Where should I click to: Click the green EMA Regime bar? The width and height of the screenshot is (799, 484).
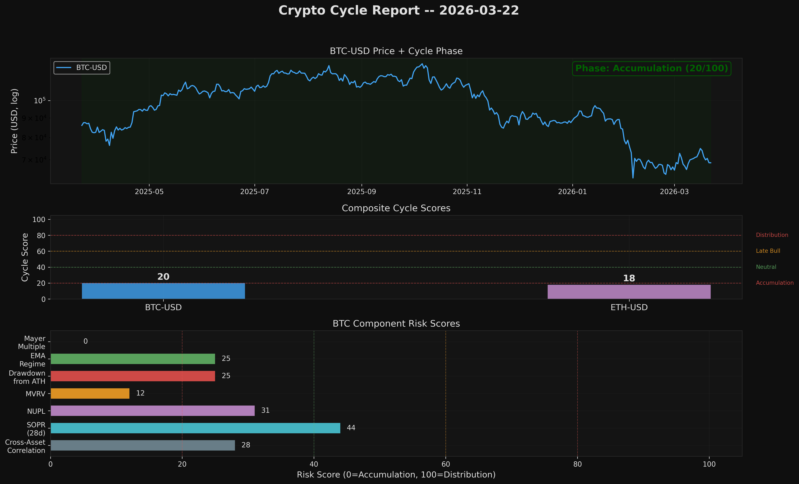coord(133,359)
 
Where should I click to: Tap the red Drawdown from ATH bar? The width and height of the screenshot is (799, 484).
coord(133,376)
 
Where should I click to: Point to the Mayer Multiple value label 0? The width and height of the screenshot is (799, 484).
coord(86,341)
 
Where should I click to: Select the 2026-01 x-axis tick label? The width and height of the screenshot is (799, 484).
coord(572,192)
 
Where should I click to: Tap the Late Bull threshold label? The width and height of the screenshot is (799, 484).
coord(768,251)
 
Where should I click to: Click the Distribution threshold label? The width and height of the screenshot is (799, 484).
coord(772,235)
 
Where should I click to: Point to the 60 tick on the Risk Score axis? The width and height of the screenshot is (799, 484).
coord(445,464)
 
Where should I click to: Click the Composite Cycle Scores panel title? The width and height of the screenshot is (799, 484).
coord(396,208)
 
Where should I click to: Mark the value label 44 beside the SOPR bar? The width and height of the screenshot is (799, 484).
coord(351,428)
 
